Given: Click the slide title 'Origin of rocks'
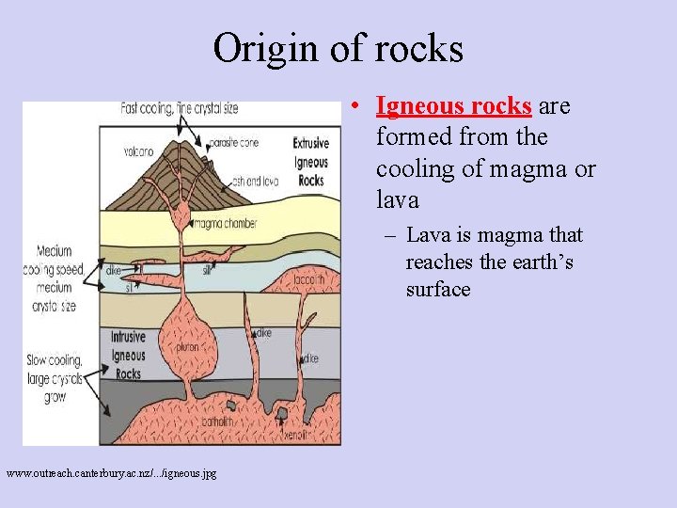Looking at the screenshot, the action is click(338, 48).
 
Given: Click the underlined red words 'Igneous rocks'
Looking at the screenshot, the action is click(454, 106).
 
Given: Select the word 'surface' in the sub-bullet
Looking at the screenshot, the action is click(438, 290).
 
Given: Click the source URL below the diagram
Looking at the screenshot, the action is click(111, 472).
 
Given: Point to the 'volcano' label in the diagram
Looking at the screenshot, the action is click(138, 151).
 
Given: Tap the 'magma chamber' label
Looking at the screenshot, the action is click(227, 223).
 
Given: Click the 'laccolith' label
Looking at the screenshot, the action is click(310, 279).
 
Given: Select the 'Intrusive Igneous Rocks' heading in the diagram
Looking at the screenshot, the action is click(128, 355).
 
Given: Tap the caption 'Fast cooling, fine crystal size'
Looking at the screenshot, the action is click(180, 108).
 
